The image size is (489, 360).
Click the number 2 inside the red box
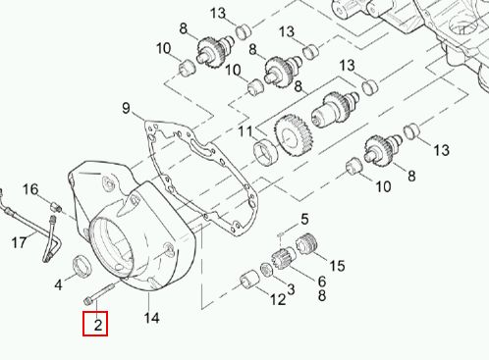(98, 325)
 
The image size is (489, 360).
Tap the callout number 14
(151, 318)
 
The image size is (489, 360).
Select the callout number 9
(126, 108)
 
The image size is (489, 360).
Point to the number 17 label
(19, 242)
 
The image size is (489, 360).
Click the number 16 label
(30, 189)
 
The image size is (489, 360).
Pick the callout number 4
(58, 284)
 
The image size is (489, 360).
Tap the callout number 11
(245, 131)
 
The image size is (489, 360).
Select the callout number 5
(304, 219)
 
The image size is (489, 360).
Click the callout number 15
(337, 266)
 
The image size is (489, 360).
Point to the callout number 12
(278, 299)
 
